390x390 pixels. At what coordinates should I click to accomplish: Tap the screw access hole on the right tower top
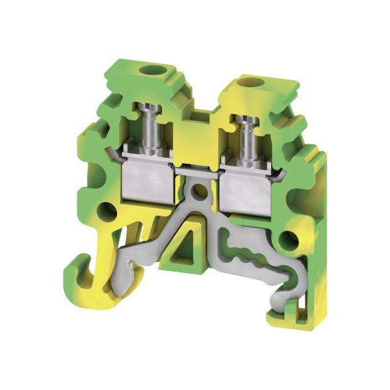point(251,82)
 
